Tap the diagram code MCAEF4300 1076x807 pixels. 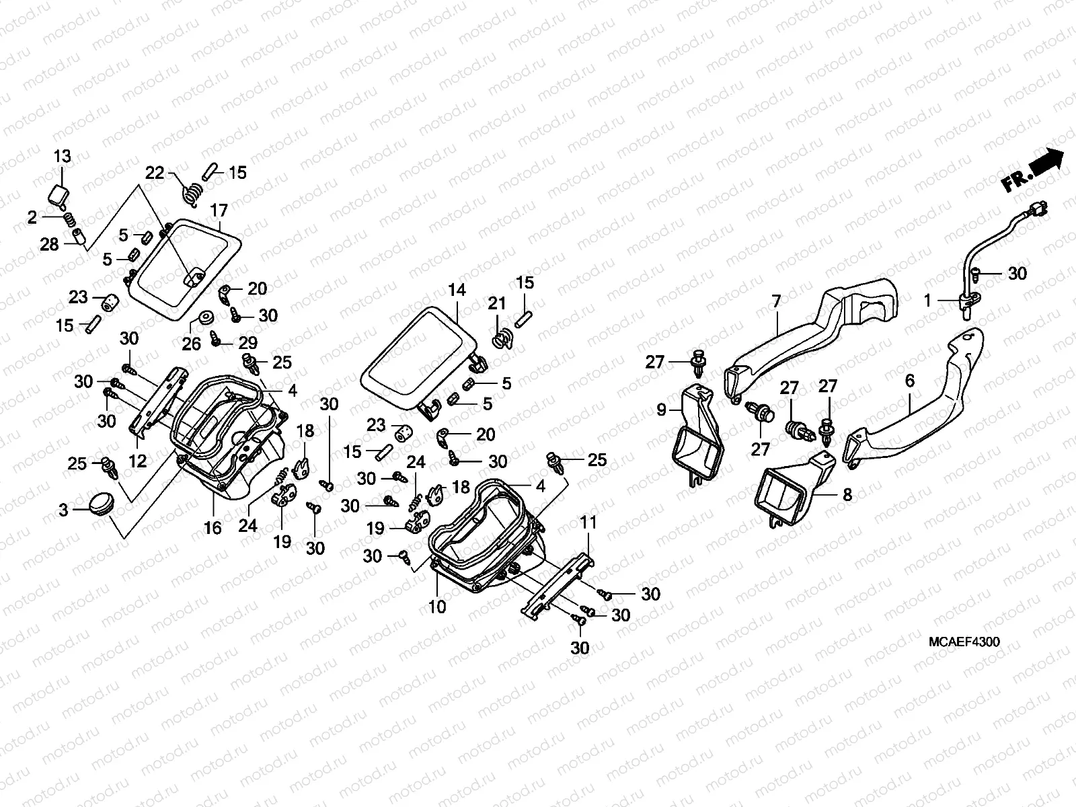[x=963, y=642]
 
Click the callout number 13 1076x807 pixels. [x=62, y=157]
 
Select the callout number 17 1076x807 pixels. [x=219, y=210]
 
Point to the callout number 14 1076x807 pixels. [x=457, y=291]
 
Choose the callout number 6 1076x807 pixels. [x=909, y=381]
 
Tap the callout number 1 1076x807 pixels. [x=927, y=301]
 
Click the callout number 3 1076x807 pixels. [x=63, y=510]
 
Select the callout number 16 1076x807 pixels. [x=213, y=528]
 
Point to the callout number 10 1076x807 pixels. [x=437, y=607]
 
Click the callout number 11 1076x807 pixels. [x=588, y=522]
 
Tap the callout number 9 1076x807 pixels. [x=661, y=409]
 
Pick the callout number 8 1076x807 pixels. [x=847, y=496]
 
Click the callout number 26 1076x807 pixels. [x=192, y=344]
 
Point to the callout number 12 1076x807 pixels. [x=138, y=461]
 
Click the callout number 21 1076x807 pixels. [x=497, y=304]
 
